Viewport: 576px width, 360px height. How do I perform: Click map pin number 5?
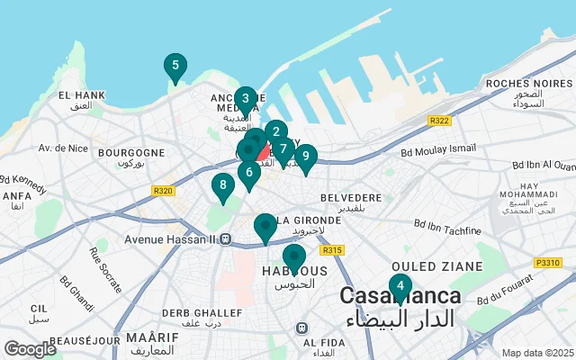click(175, 66)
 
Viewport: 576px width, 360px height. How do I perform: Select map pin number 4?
click(400, 286)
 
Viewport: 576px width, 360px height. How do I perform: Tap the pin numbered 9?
click(306, 157)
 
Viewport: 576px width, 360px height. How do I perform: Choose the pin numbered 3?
click(245, 99)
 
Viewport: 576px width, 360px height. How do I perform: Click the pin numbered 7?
click(283, 149)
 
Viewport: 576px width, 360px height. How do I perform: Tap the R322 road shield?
click(440, 121)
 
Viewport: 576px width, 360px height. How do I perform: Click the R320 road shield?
click(163, 190)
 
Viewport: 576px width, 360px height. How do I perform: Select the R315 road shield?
click(332, 250)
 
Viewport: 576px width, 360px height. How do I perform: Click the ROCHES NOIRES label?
click(518, 83)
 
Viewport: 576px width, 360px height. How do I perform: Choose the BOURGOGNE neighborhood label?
click(131, 153)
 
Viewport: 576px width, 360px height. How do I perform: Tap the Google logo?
click(30, 348)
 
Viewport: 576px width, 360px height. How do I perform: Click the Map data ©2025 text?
click(536, 354)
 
